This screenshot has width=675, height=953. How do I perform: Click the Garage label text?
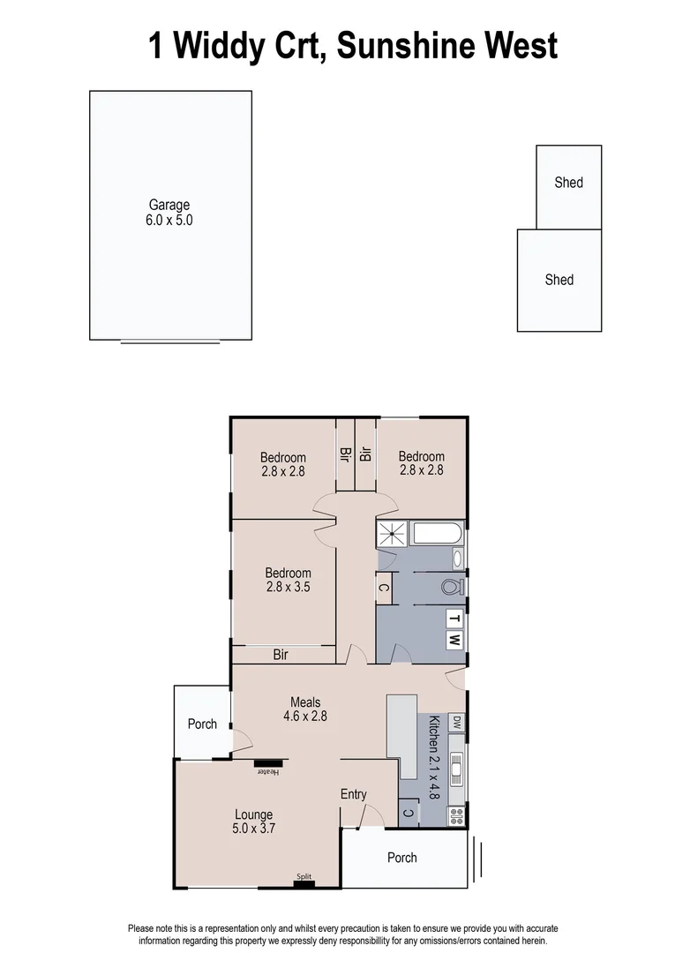tap(169, 205)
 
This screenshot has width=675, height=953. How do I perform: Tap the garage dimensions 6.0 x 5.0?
tap(169, 221)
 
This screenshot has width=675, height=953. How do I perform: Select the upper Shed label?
tap(568, 183)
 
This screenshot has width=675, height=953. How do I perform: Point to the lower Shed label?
tap(559, 280)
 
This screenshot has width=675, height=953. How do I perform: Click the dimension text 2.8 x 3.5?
tap(288, 587)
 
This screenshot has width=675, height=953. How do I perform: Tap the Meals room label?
tap(305, 702)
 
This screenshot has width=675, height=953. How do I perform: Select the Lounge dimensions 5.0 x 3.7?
tap(253, 829)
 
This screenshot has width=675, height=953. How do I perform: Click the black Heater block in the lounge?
tap(268, 762)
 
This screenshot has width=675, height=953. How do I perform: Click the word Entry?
tap(353, 794)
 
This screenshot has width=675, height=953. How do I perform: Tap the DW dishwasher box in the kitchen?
tap(456, 723)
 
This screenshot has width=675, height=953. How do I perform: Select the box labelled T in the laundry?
tap(454, 618)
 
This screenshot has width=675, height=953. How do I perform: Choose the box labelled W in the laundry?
tap(454, 640)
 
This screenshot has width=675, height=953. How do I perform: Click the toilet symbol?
tap(453, 587)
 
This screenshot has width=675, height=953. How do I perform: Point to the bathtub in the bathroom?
tap(437, 534)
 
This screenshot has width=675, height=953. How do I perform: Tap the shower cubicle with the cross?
tap(392, 533)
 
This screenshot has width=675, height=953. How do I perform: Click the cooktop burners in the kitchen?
tap(456, 816)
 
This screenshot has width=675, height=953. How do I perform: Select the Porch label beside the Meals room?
tap(202, 724)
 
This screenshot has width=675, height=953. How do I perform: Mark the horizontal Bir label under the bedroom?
tap(281, 655)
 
